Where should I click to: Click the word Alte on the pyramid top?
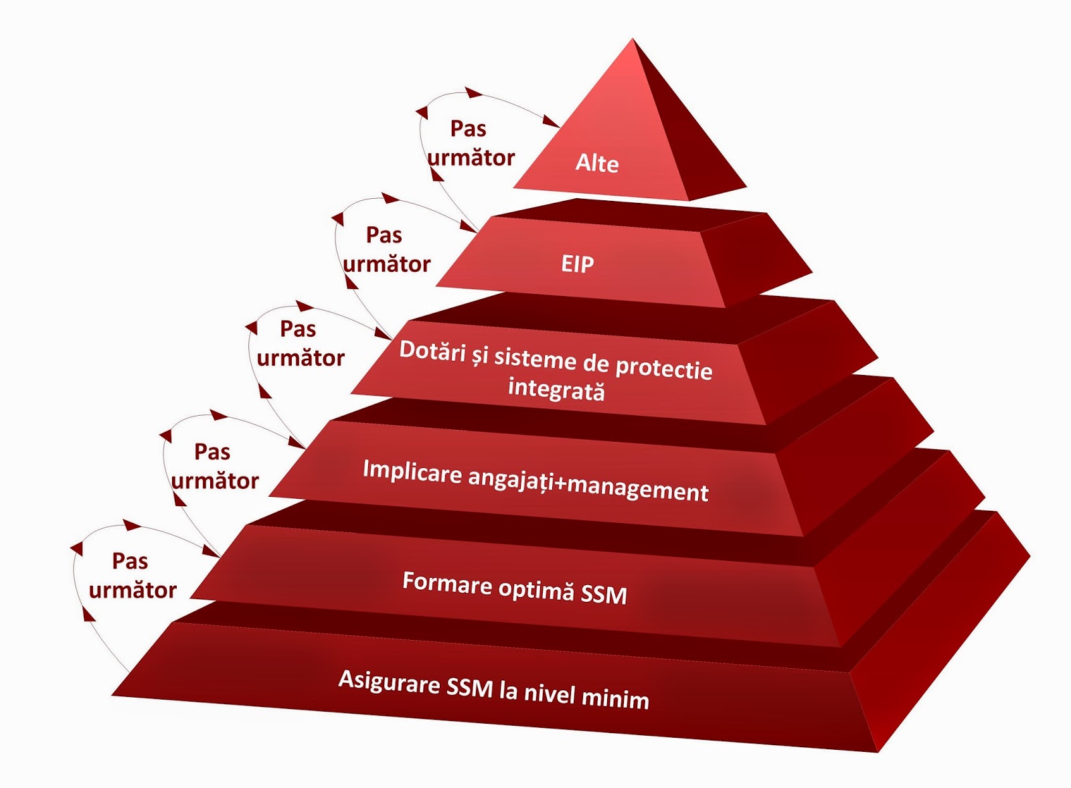(597, 163)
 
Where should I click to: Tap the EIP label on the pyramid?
(577, 264)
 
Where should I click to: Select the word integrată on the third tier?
(556, 389)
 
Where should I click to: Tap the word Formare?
(446, 582)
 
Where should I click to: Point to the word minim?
(615, 698)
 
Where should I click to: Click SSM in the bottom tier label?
(469, 687)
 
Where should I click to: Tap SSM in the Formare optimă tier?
(604, 594)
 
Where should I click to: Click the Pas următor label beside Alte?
(470, 143)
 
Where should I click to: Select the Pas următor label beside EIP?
(386, 250)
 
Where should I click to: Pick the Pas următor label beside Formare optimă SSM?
(132, 576)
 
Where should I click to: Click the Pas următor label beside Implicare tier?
(214, 466)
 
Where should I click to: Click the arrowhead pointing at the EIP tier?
(468, 227)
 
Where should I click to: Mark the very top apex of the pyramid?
(633, 40)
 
